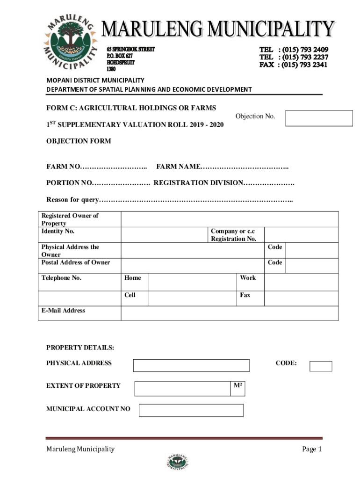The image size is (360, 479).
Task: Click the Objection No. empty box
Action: click(319, 118)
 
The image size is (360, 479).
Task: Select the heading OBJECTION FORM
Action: click(79, 141)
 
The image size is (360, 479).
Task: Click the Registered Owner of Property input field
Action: click(230, 219)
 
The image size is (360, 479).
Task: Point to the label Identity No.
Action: click(58, 232)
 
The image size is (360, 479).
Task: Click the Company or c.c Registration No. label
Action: click(233, 235)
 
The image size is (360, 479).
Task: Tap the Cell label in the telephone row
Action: click(130, 295)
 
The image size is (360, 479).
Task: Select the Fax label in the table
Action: click(245, 295)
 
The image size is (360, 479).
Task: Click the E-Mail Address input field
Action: click(230, 313)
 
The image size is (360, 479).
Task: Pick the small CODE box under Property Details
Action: click(321, 366)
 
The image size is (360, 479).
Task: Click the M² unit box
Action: click(238, 388)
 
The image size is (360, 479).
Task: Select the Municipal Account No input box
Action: click(191, 410)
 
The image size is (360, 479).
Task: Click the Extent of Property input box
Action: click(183, 388)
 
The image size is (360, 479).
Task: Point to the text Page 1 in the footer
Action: click(312, 450)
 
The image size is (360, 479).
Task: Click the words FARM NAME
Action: click(178, 167)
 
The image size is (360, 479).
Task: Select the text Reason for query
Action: click(72, 200)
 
